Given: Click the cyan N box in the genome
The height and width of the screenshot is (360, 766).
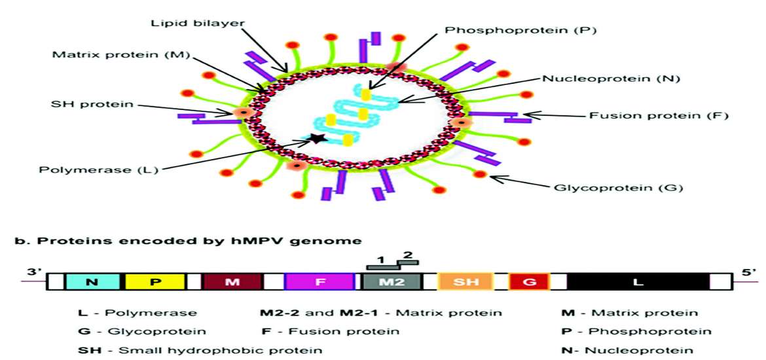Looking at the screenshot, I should click(92, 281).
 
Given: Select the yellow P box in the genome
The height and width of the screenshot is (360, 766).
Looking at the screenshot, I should click(155, 281).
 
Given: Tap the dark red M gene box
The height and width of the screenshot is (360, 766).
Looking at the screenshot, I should click(232, 281).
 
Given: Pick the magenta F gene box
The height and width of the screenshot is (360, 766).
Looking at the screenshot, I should click(320, 281).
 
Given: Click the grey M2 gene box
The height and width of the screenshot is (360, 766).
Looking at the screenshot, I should click(392, 281).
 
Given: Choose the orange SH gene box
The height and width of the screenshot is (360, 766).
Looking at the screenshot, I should click(462, 281).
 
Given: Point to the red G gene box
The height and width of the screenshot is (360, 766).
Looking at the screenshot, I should click(529, 281).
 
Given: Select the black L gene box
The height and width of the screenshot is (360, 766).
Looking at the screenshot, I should click(638, 281).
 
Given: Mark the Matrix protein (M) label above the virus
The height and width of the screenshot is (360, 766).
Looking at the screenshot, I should click(120, 54).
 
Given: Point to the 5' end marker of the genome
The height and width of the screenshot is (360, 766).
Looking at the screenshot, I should click(749, 271).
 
